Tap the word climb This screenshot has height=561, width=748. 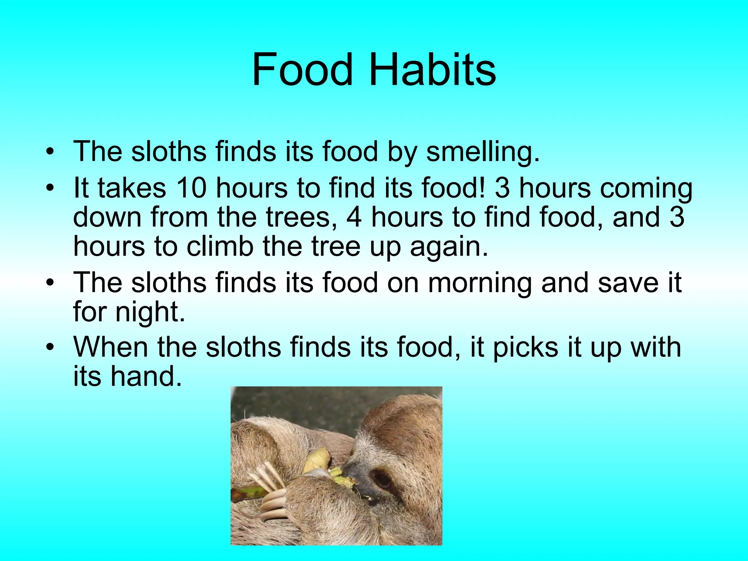220,247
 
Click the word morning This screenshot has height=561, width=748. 480,283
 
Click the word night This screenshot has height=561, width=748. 150,313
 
